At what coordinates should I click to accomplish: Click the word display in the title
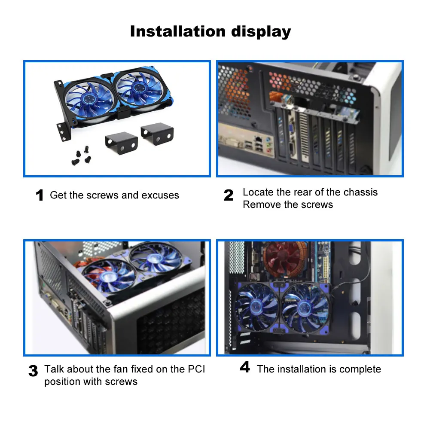pos(261,31)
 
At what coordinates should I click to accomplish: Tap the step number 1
pos(40,196)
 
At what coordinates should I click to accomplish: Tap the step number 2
pos(229,196)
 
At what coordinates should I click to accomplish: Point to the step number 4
pos(245,368)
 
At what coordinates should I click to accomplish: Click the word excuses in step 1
pos(160,195)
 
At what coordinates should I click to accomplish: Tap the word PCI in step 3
pos(196,369)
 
